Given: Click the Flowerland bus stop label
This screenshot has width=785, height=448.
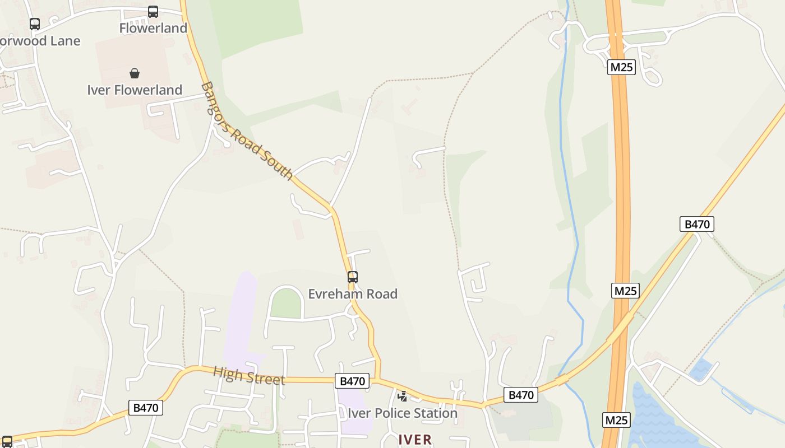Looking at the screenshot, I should tap(153, 28).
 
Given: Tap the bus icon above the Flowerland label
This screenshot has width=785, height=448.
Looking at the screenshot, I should tap(153, 11).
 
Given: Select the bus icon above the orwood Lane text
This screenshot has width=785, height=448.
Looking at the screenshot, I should tap(35, 24).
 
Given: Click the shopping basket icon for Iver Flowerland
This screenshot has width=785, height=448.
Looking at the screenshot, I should tap(135, 73).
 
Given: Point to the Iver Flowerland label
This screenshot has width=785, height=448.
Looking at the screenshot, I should tap(135, 90).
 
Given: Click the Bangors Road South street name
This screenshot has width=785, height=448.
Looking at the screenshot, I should tap(247, 132).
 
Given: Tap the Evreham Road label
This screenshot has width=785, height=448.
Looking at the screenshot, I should tap(353, 294).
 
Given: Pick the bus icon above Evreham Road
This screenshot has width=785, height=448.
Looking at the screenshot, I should tap(353, 277).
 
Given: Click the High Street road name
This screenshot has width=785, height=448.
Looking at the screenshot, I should tap(249, 375).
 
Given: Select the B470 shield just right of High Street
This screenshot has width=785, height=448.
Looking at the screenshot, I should tap(353, 381).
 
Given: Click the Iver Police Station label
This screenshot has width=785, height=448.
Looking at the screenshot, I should tap(403, 413).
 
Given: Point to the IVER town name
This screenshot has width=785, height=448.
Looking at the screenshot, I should tap(415, 440).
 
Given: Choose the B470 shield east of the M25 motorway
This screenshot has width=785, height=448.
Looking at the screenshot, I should tap(697, 224).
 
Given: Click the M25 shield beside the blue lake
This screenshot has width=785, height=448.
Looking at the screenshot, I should tap(617, 420).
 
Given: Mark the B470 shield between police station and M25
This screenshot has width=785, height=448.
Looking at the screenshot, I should tap(521, 395).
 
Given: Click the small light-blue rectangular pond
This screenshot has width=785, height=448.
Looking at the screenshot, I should tap(701, 370).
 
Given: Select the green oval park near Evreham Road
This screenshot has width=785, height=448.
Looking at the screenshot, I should tap(287, 304).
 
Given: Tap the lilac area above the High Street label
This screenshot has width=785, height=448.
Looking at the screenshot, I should tap(242, 319).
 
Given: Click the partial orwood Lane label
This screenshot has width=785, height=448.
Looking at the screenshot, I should tap(40, 41).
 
